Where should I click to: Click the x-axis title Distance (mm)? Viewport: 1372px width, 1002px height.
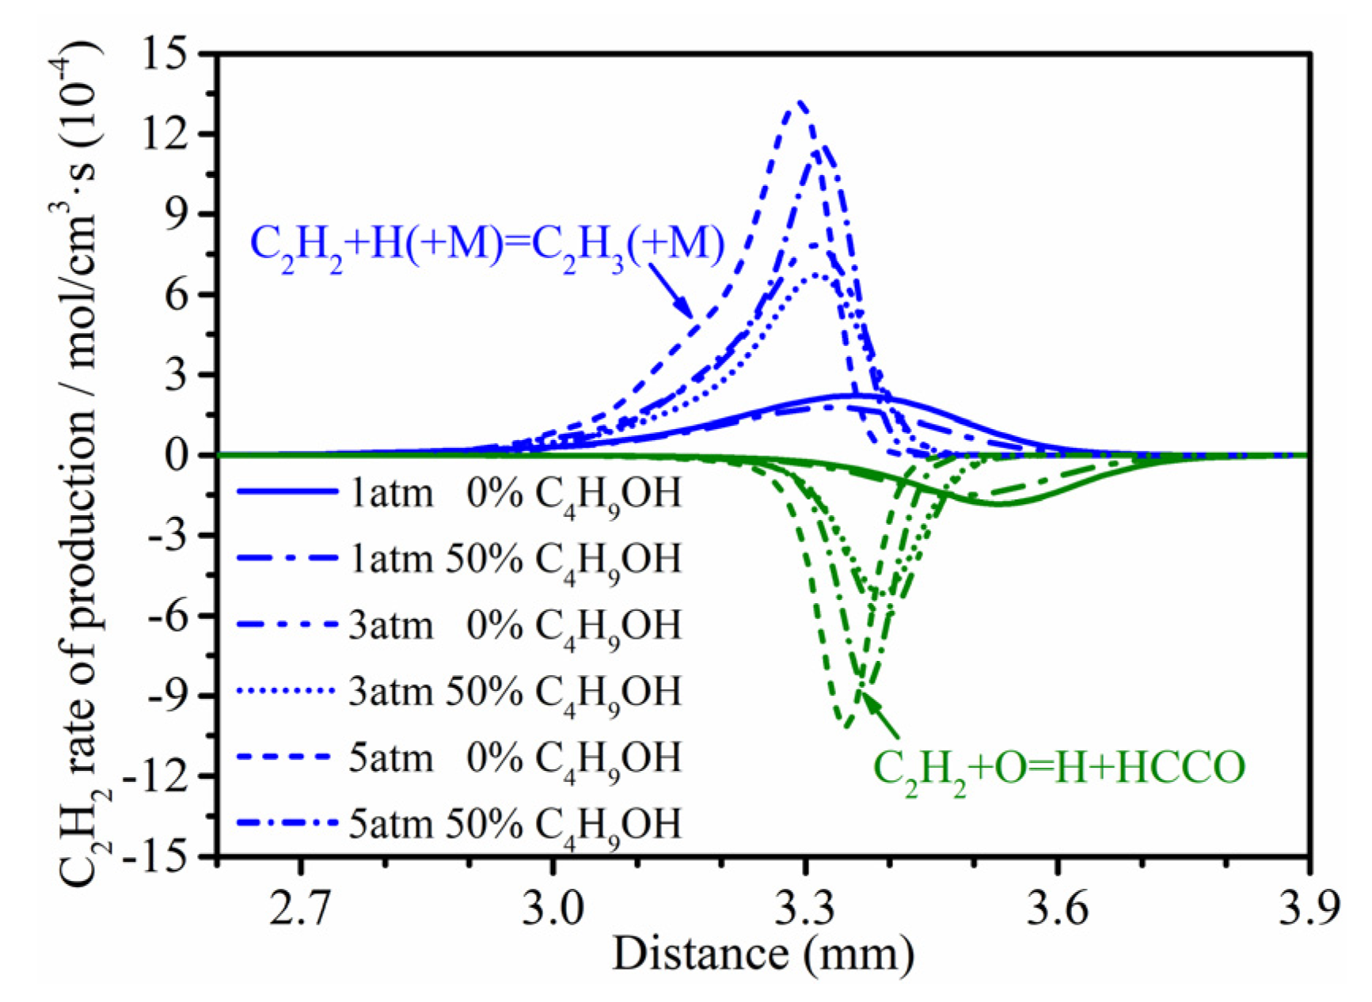[763, 954]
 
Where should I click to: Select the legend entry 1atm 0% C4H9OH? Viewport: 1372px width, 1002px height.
[459, 494]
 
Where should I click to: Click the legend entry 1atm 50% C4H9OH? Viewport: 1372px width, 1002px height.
[459, 560]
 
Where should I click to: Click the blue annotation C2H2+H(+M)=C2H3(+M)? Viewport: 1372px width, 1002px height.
[487, 245]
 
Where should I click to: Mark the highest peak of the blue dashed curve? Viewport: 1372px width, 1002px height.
[801, 102]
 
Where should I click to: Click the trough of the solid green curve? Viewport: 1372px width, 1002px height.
[999, 503]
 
